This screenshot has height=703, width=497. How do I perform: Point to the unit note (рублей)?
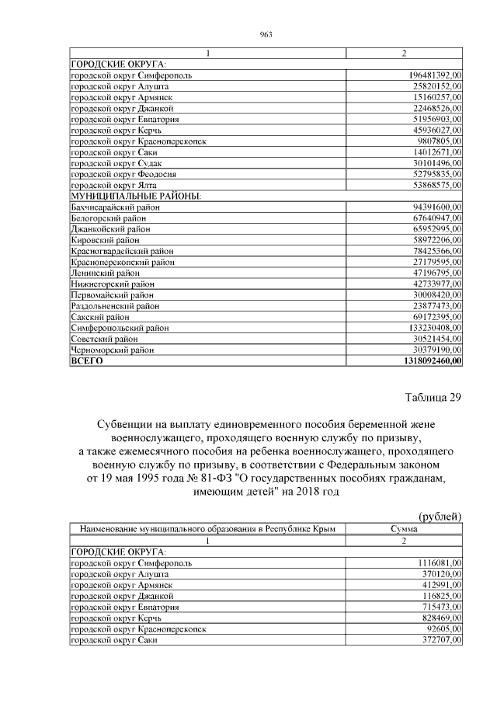pyautogui.click(x=440, y=516)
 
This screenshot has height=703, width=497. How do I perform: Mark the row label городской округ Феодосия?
pyautogui.click(x=123, y=175)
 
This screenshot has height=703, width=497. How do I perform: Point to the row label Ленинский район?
pyautogui.click(x=106, y=273)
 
